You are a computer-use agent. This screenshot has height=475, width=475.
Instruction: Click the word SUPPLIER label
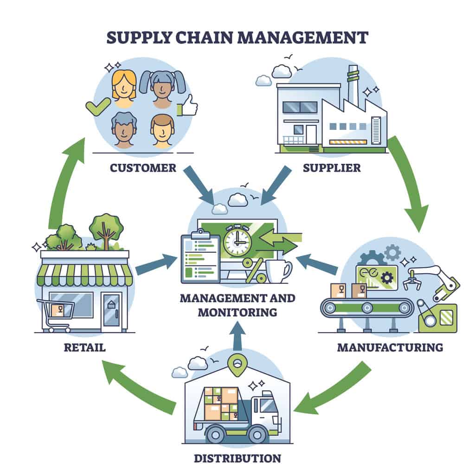point(332,167)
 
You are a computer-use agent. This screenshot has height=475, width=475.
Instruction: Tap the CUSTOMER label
point(143,167)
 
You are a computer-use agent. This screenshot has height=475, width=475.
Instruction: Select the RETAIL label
point(85,347)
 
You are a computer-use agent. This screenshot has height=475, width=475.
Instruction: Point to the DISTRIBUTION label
point(237,458)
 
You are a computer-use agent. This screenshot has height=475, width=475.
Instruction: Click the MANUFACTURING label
point(390,347)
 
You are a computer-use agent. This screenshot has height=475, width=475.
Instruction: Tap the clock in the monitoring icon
point(237,241)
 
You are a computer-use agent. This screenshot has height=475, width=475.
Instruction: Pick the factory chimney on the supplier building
point(353,86)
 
